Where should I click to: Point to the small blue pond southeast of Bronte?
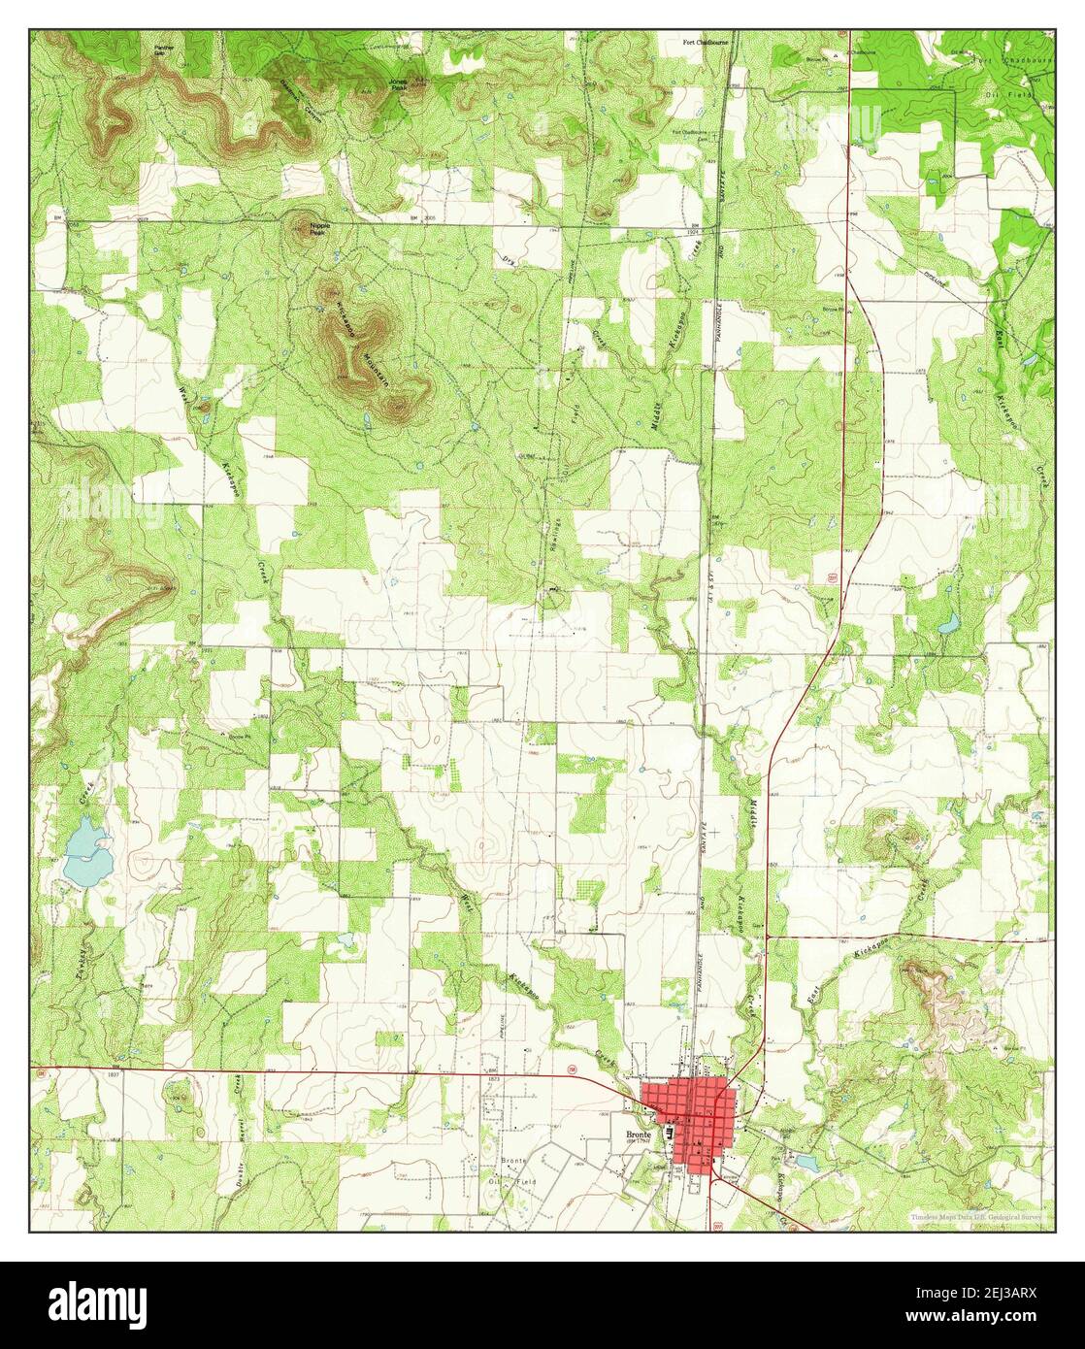[805, 1161]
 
